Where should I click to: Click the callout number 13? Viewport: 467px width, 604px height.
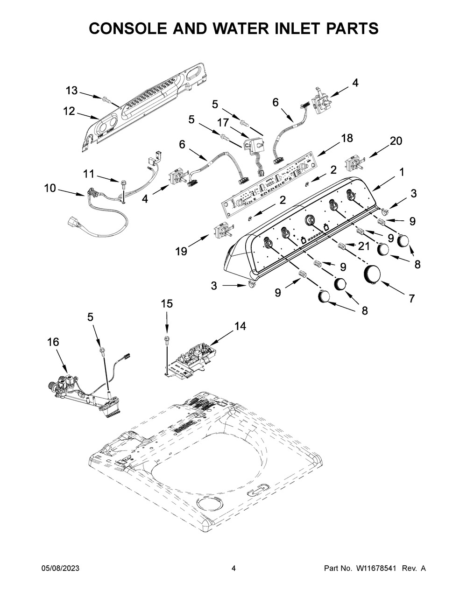(72, 91)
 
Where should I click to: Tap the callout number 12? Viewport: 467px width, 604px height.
(69, 111)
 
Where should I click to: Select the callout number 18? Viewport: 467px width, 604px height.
(347, 138)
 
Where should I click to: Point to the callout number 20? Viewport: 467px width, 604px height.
(396, 141)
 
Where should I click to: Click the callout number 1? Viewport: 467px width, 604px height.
(402, 172)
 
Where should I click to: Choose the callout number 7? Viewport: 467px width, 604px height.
(411, 299)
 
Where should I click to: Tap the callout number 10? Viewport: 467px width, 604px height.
(50, 188)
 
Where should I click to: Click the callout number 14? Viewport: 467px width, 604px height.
(240, 326)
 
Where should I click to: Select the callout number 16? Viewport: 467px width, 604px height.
(53, 342)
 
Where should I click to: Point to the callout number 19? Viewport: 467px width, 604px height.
(181, 252)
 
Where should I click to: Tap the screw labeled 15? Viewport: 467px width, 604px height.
(167, 340)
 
